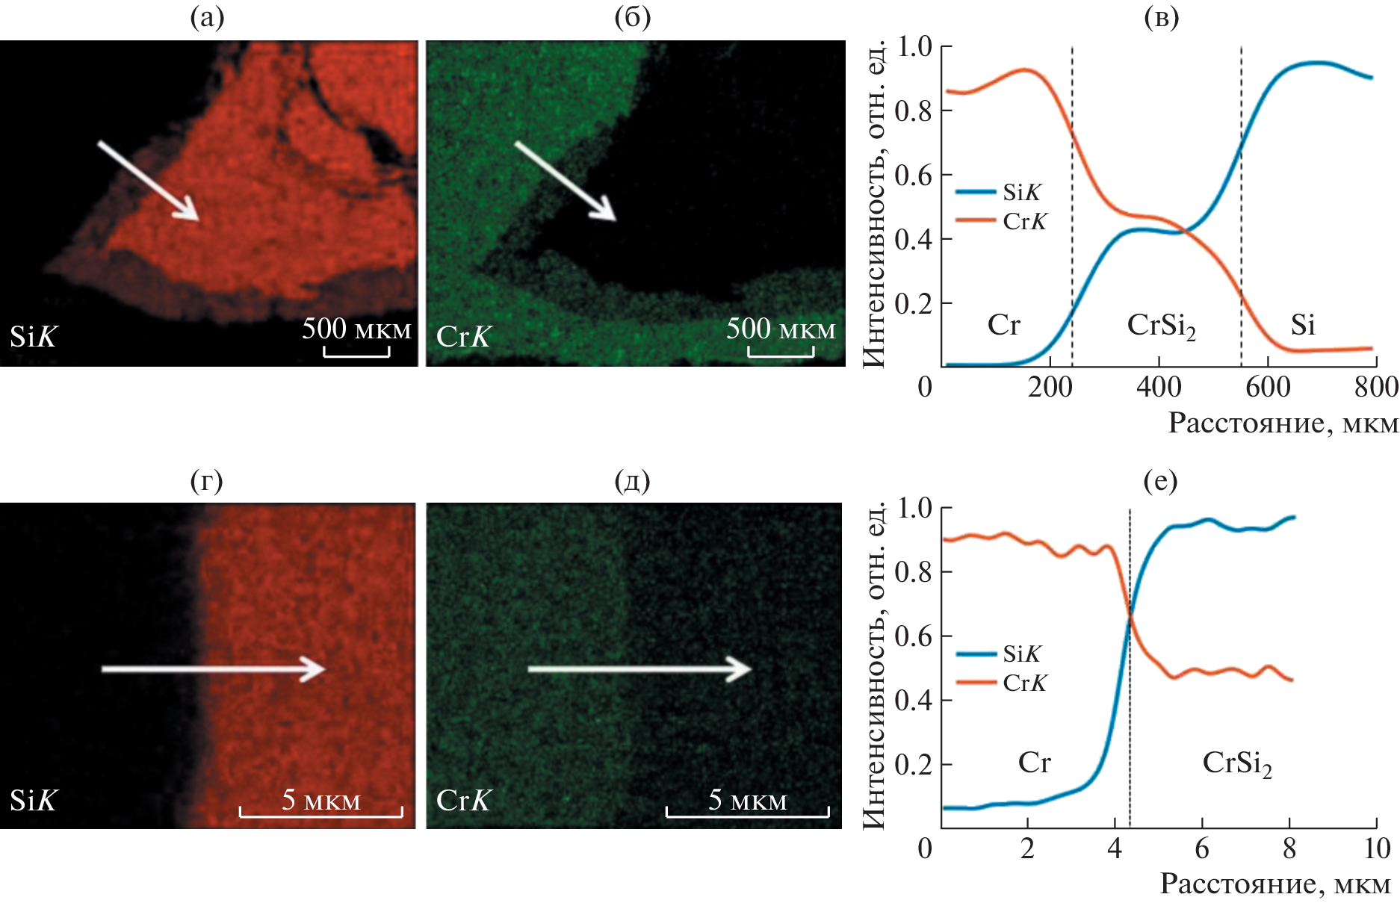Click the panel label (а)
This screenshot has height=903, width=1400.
[207, 17]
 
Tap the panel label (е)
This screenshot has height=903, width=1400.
[1160, 480]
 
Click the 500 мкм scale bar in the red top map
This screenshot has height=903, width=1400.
[356, 351]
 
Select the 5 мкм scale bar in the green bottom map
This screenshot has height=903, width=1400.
[747, 811]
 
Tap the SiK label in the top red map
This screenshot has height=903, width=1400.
[33, 337]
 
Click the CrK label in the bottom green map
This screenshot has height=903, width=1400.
[463, 801]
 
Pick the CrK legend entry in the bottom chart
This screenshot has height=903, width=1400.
[1002, 683]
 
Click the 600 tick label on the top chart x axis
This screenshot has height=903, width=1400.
[1268, 387]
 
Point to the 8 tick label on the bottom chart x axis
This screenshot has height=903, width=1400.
[1289, 848]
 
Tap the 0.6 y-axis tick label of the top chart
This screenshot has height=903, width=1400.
[914, 176]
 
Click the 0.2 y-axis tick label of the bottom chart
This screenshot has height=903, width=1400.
[914, 765]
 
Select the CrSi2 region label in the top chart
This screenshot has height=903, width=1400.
[1161, 326]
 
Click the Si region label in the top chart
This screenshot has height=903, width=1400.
[1303, 325]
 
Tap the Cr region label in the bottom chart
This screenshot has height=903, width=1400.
[1034, 763]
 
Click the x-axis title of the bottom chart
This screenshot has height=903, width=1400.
[1274, 884]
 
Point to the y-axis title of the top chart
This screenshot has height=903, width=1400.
[873, 205]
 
